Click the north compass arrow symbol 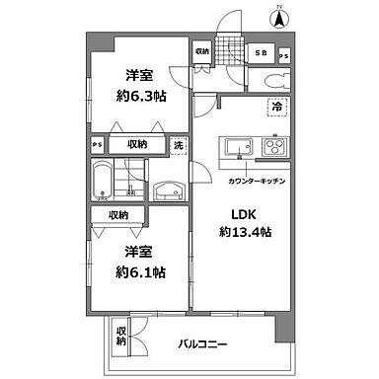(x=279, y=16)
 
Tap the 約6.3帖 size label (x=138, y=96)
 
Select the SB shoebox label (x=263, y=53)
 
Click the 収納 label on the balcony (x=122, y=335)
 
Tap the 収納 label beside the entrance (x=201, y=50)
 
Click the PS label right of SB (x=285, y=54)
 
